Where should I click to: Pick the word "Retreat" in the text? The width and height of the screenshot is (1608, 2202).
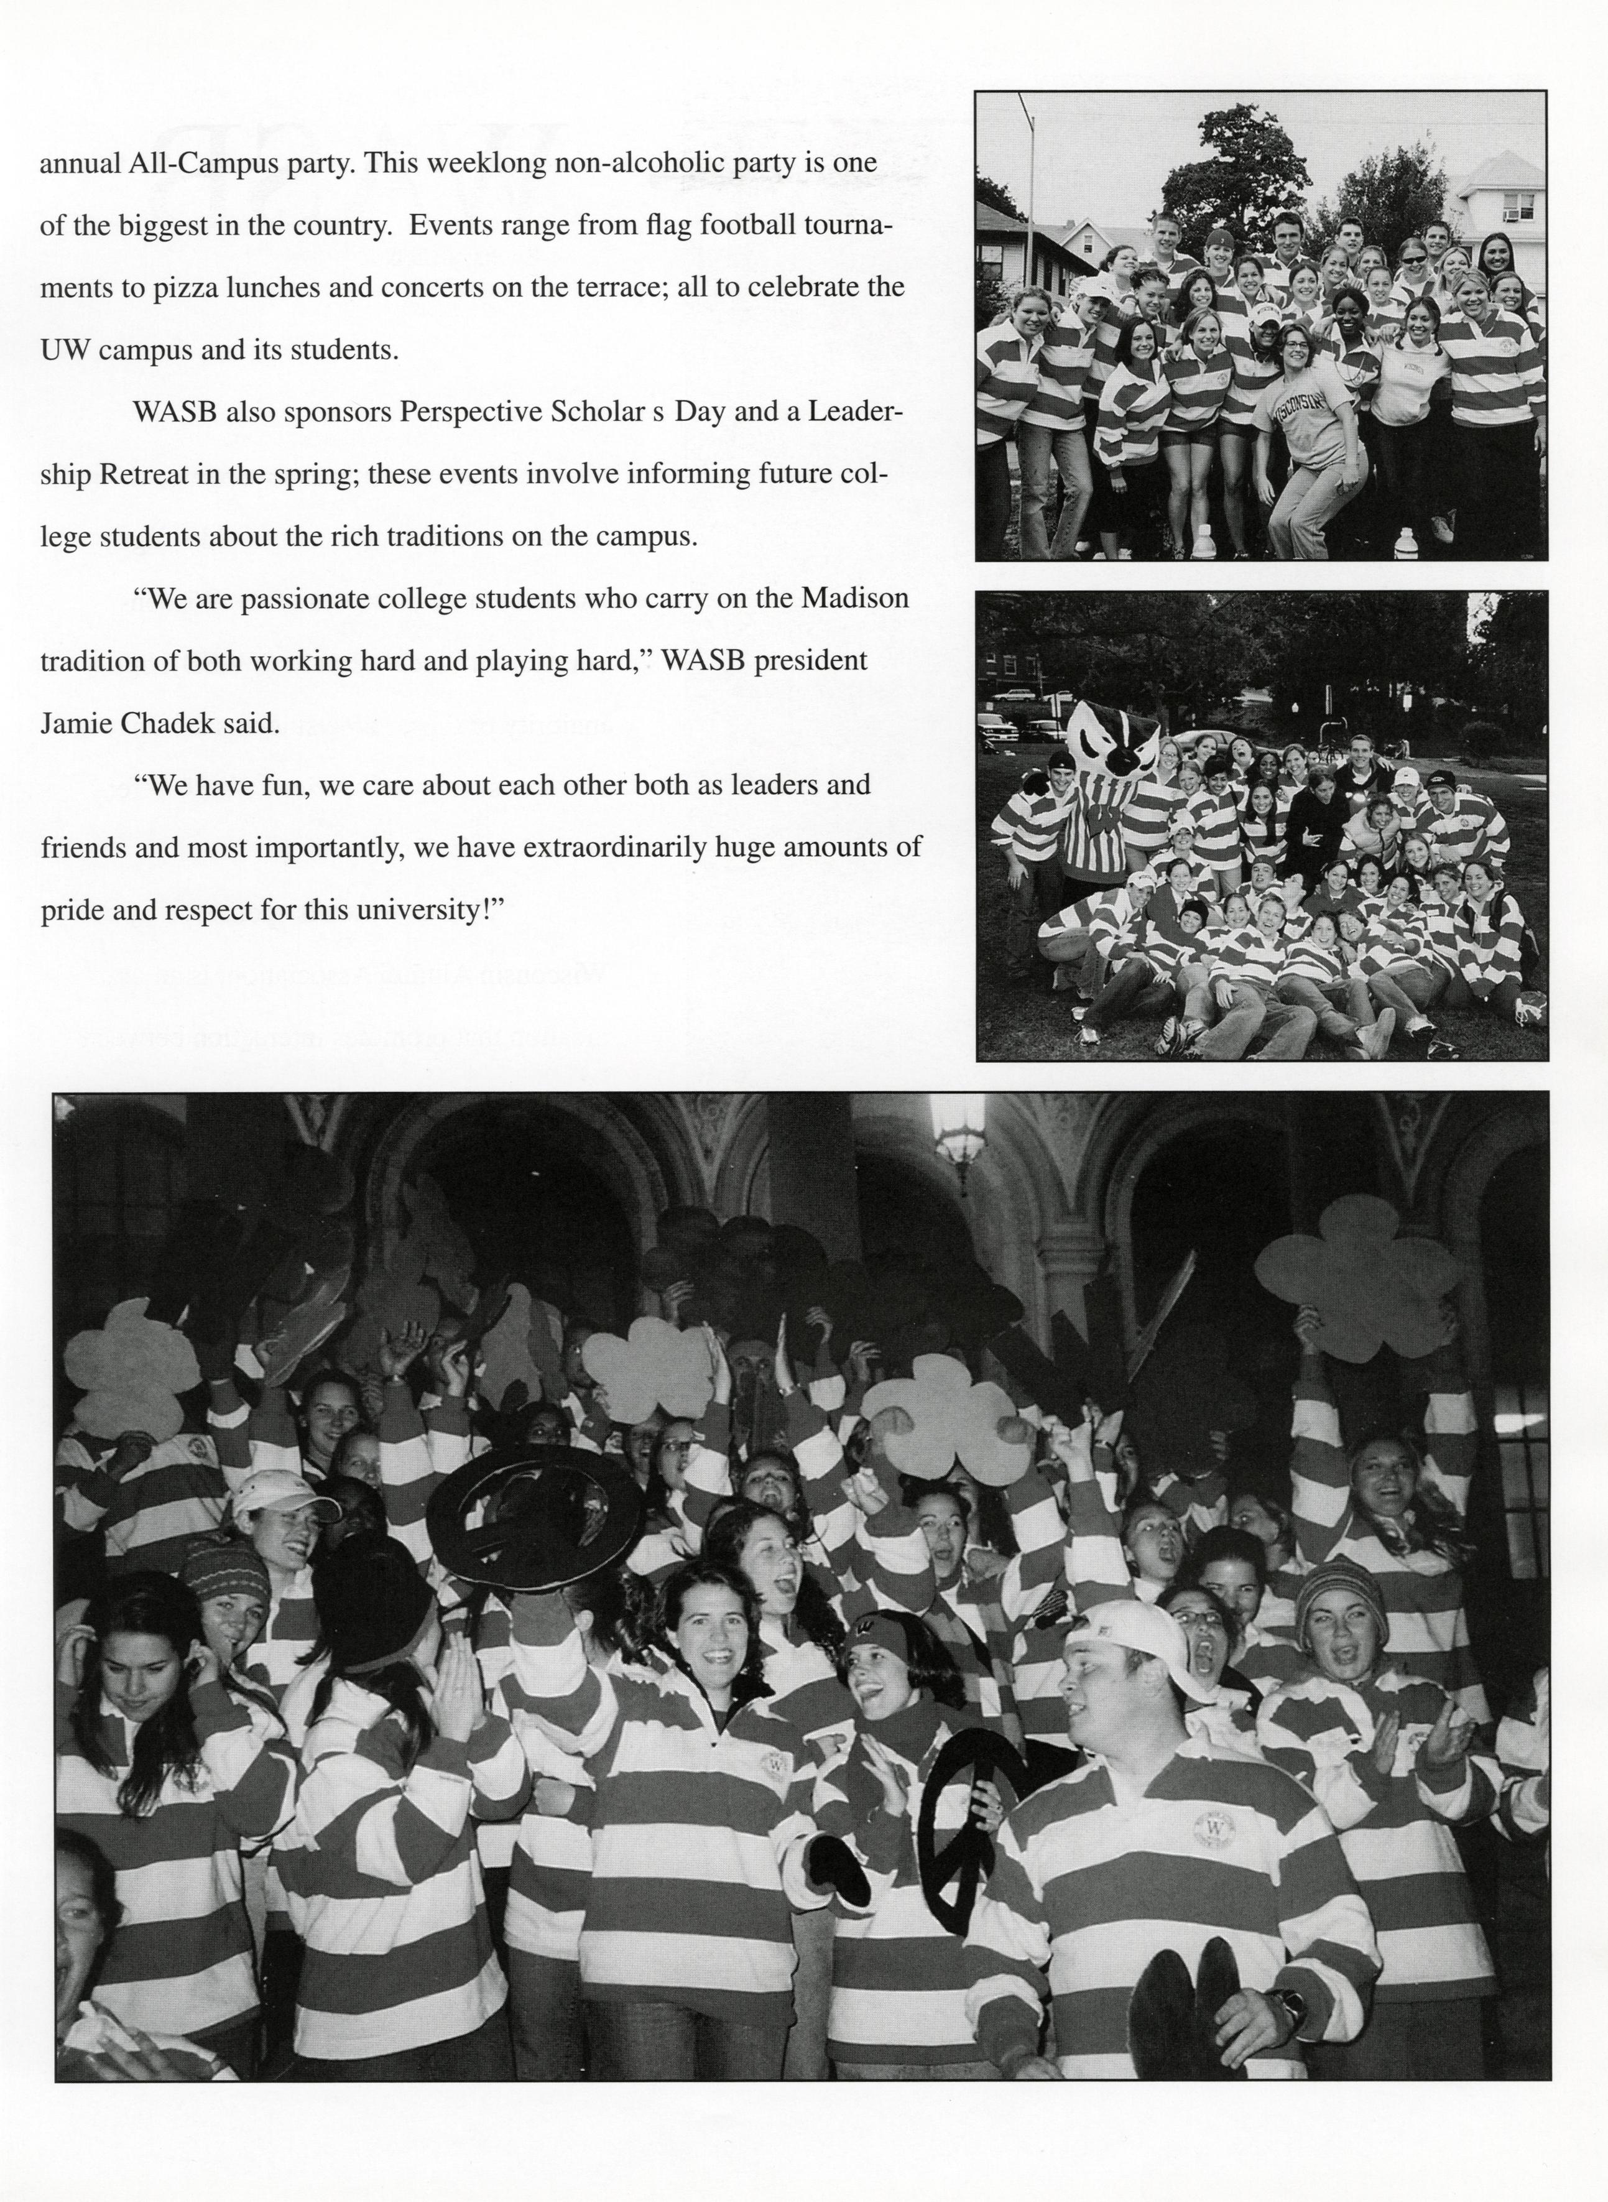(136, 475)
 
